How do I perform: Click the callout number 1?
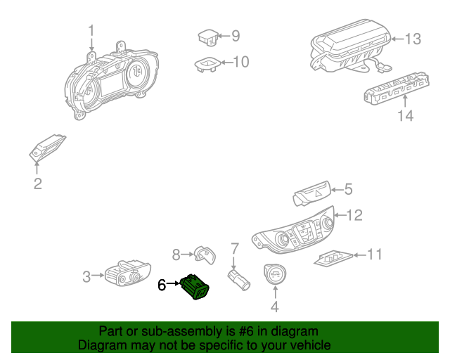coord(91,31)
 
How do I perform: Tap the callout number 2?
coord(38,184)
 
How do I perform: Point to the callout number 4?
coord(275,306)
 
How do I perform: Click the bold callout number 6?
coord(162,285)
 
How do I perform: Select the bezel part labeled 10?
coord(206,63)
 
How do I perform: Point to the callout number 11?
coord(375,254)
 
